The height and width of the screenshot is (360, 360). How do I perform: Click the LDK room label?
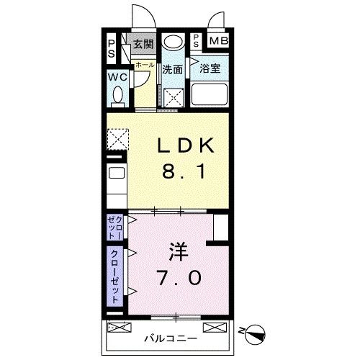coord(186,145)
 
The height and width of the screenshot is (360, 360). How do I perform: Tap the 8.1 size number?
coord(186,173)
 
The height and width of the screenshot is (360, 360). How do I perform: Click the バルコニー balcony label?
coord(170,337)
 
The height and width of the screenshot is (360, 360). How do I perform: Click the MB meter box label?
coord(218,41)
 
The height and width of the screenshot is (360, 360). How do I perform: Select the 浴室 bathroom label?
coord(210,69)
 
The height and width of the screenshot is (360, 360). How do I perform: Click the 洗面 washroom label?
coord(172,70)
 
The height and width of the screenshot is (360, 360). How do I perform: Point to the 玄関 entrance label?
coord(143,45)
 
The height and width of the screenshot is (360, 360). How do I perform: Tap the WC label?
coord(118,77)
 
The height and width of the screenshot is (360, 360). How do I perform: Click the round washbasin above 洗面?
coord(171,42)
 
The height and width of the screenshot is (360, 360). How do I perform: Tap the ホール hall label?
coord(144,64)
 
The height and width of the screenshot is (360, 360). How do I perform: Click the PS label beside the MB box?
coord(197,41)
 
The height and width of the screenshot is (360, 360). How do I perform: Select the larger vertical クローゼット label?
coord(115,274)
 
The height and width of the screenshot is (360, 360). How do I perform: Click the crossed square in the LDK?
coord(117,138)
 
